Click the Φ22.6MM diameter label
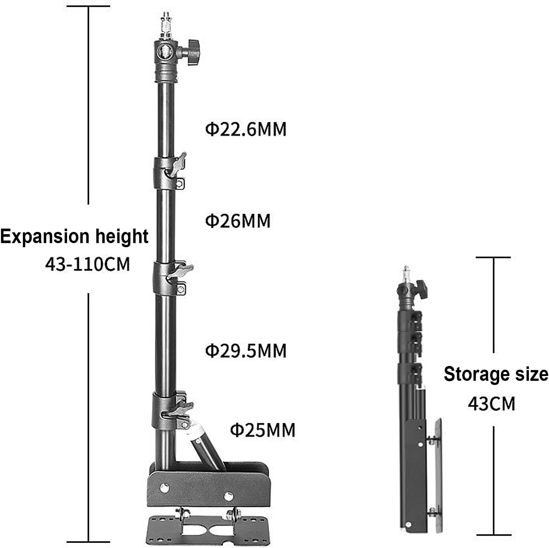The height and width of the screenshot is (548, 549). point(245,129)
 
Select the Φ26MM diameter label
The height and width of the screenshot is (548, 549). point(238,221)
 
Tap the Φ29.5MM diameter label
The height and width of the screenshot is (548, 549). point(245,351)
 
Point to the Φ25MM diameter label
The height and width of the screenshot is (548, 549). point(262,430)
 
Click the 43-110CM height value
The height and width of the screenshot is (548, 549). point(88,264)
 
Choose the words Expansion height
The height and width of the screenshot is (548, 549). point(74,236)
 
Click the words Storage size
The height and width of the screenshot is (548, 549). point(496,374)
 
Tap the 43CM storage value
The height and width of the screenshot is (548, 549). point(491,403)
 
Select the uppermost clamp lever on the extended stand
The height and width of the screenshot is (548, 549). point(178,164)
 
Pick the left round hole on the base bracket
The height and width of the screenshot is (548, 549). point(165,488)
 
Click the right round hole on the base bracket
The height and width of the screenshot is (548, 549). point(228,497)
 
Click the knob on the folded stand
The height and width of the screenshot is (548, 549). point(421,289)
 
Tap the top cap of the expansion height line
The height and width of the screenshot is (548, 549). point(88,6)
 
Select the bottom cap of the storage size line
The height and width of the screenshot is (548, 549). point(494,535)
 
